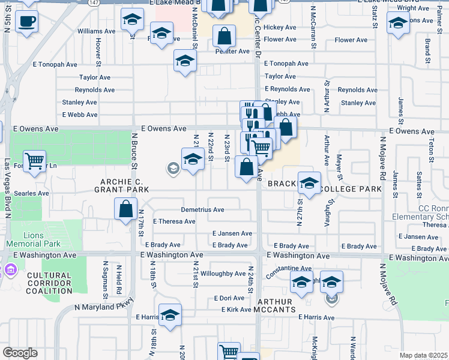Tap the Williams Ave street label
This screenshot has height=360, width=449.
[x=96, y=31]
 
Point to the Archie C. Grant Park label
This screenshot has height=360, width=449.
[x=121, y=185]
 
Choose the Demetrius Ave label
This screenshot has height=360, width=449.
[x=203, y=210]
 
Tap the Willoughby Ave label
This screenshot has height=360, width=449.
[x=223, y=274]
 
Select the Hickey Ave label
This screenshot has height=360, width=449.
[x=280, y=28]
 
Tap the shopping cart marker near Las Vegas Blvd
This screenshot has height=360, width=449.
[x=35, y=160]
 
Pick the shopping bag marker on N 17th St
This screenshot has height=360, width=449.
[x=126, y=209]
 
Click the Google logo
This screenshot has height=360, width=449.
[x=20, y=353]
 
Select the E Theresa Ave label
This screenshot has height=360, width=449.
[x=174, y=221]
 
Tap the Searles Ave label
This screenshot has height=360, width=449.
[x=35, y=193]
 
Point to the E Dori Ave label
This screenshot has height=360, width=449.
[x=229, y=298]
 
